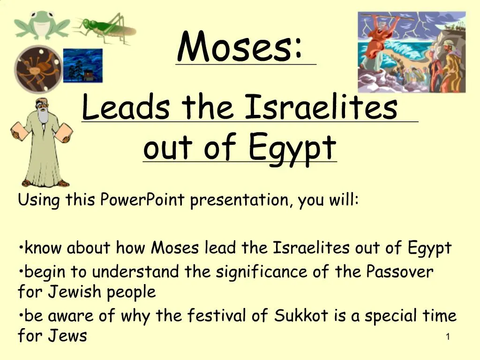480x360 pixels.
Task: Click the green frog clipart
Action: point(41,25)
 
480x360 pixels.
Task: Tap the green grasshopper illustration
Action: point(105,27)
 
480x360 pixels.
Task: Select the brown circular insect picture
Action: point(38,69)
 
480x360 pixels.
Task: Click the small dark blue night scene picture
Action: point(82,66)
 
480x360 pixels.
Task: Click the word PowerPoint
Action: point(142,201)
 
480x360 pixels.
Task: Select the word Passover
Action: point(400,271)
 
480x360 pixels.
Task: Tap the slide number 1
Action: point(448,337)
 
